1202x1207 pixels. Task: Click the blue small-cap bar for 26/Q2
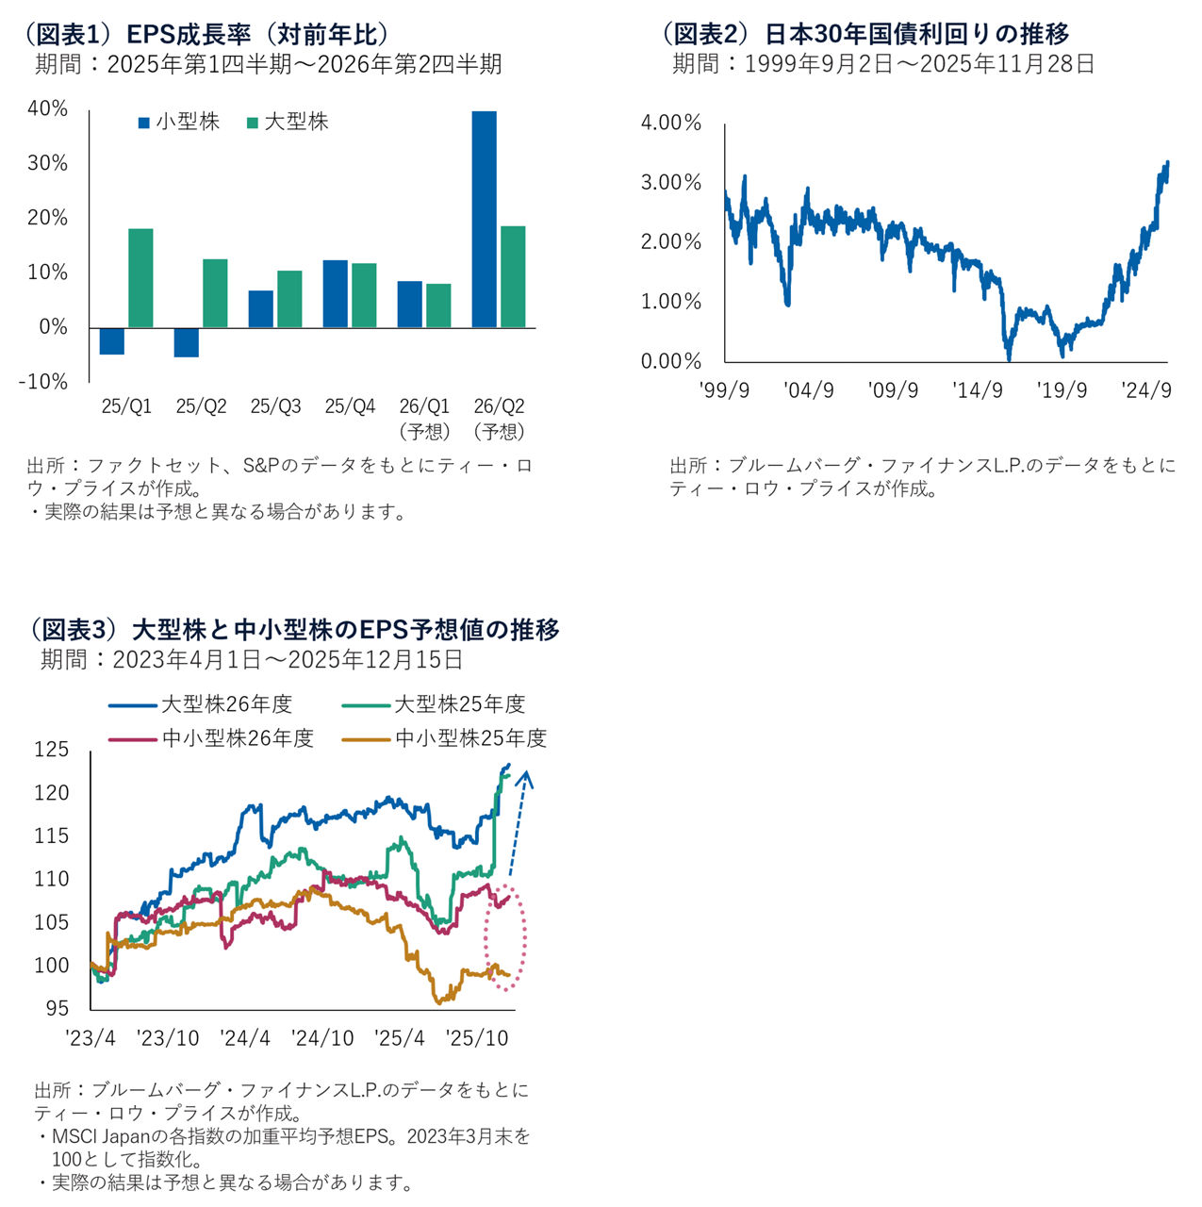(484, 219)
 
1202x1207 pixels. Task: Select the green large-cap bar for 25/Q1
(140, 278)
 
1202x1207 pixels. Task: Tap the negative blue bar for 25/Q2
(187, 342)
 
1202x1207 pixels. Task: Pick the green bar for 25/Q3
(289, 299)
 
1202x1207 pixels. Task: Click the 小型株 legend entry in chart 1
(179, 122)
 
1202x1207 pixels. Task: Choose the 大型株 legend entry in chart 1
(288, 122)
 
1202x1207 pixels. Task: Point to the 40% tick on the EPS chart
(47, 109)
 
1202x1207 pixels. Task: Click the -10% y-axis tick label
(43, 382)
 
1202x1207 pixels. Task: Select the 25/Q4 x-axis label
(350, 406)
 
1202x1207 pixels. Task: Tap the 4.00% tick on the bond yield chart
(671, 123)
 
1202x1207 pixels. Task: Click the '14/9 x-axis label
(978, 390)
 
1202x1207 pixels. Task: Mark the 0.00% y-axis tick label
(671, 361)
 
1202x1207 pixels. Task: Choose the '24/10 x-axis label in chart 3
(322, 1038)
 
